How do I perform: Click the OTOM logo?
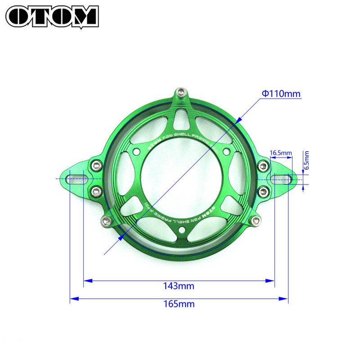click(x=52, y=16)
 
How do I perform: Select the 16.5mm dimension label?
click(x=281, y=153)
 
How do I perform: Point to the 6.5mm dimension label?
click(x=306, y=160)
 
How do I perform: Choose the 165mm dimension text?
click(x=179, y=304)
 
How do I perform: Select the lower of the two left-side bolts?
click(x=95, y=192)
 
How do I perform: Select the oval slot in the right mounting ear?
click(x=282, y=179)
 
